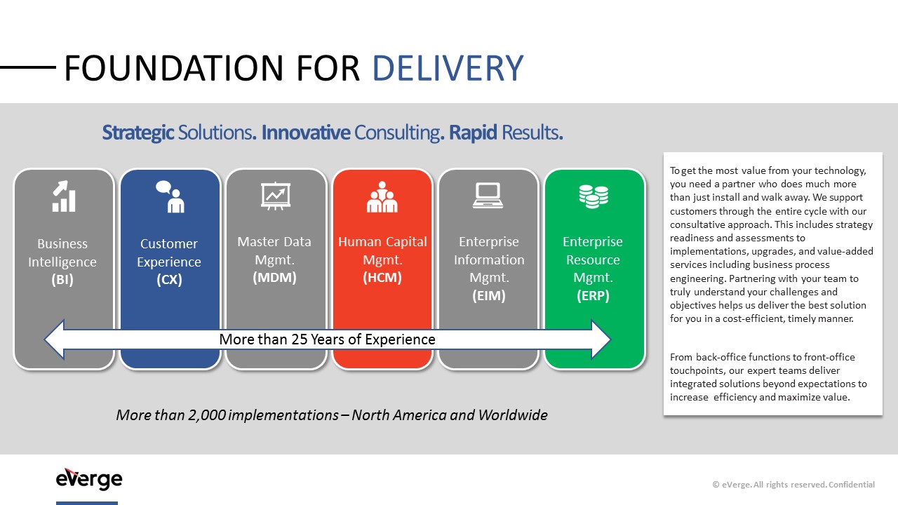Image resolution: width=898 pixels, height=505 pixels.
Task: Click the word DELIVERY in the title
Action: tap(448, 68)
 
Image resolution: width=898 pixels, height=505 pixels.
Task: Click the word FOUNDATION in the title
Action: tap(173, 68)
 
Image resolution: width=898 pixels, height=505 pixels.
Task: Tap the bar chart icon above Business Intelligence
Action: tap(64, 196)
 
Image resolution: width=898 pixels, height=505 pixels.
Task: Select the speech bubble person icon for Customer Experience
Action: tap(170, 196)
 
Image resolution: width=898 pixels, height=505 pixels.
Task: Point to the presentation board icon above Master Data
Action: tap(276, 196)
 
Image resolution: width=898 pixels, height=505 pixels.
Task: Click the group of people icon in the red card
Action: tap(382, 196)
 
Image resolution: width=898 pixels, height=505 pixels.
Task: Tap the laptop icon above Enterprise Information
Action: tap(488, 196)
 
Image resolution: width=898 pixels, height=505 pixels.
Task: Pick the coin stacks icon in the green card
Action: tap(594, 196)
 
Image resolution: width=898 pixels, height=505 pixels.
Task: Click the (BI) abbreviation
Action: tap(62, 279)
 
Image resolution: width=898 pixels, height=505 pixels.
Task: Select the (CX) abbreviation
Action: tap(169, 279)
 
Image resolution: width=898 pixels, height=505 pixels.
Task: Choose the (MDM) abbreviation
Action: tap(274, 277)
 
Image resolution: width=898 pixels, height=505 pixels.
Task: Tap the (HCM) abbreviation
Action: tap(382, 277)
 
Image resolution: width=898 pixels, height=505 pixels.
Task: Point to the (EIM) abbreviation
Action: tap(489, 295)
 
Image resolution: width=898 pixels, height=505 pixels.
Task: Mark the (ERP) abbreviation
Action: tap(593, 295)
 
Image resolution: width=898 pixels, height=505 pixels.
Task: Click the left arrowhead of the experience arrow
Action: tap(55, 339)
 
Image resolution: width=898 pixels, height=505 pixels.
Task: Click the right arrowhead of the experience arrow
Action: tap(601, 339)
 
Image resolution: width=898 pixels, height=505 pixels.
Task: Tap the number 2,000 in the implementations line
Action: tap(207, 415)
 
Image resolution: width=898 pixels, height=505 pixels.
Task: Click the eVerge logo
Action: tap(89, 479)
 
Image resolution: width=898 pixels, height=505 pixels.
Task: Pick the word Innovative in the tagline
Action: tap(306, 133)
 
